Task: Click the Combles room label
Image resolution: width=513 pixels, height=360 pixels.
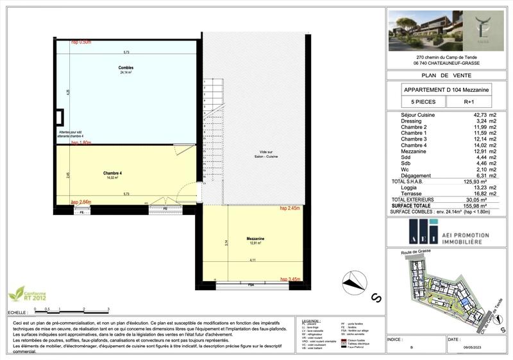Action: (x=125, y=67)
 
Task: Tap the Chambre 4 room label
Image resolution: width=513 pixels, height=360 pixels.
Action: (x=112, y=173)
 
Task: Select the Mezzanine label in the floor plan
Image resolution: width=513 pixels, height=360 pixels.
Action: (x=256, y=238)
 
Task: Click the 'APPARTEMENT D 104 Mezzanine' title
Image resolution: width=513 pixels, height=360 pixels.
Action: (x=446, y=90)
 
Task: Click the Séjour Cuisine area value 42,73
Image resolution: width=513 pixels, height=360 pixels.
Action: (x=473, y=115)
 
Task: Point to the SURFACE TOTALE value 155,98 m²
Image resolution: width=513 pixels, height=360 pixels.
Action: (x=475, y=206)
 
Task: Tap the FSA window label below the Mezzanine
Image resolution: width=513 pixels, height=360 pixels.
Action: (x=251, y=284)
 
